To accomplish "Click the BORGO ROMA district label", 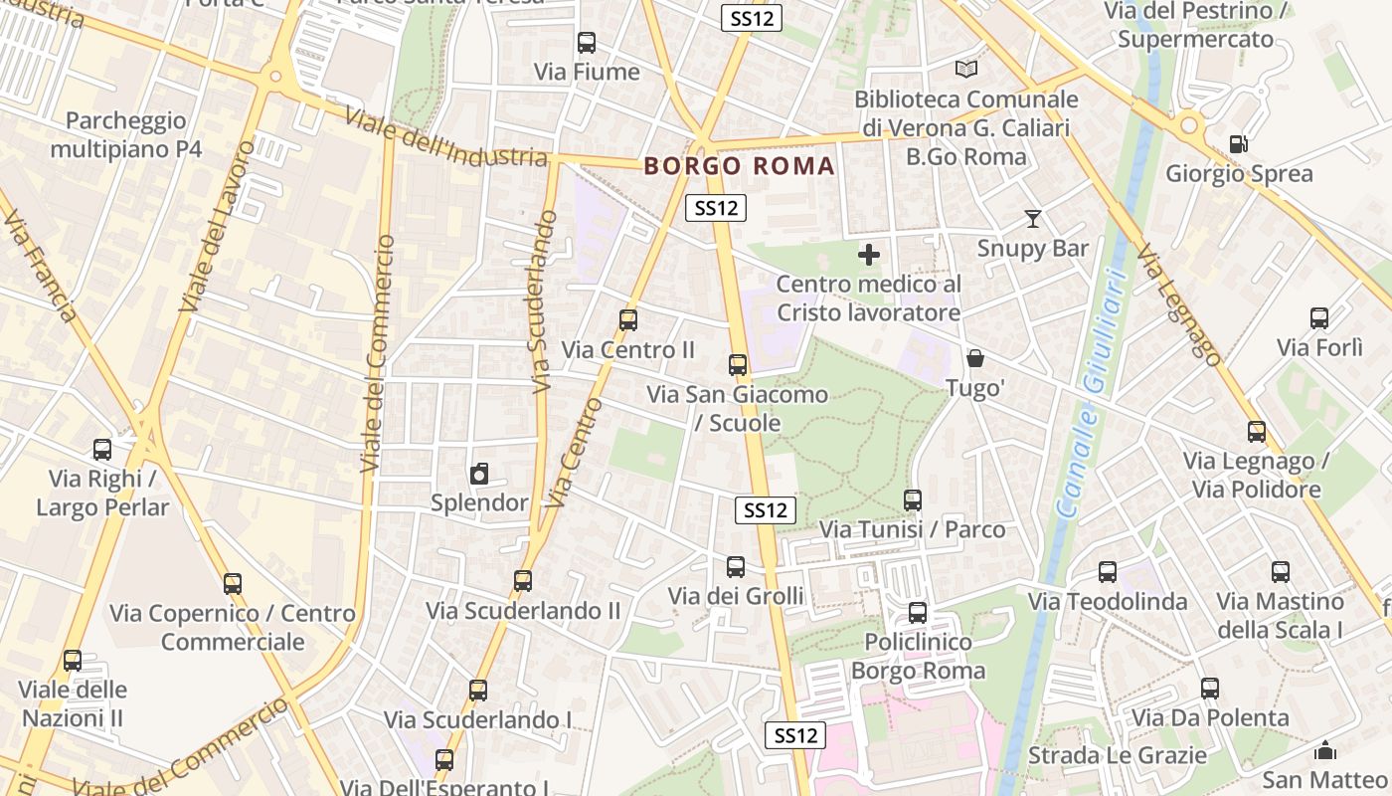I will pyautogui.click(x=739, y=166).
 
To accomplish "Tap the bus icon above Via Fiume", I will pyautogui.click(x=587, y=43).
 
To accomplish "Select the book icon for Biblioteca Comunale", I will pyautogui.click(x=966, y=69).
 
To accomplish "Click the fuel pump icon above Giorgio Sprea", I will pyautogui.click(x=1238, y=144).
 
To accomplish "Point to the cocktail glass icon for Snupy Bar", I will pyautogui.click(x=1033, y=219).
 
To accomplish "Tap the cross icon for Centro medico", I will pyautogui.click(x=868, y=255).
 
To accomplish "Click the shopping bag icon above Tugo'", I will pyautogui.click(x=975, y=358).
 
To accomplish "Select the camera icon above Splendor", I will pyautogui.click(x=479, y=474).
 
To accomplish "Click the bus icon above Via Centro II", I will pyautogui.click(x=627, y=320).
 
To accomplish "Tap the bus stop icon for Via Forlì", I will pyautogui.click(x=1319, y=318).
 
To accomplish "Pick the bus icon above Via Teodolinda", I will pyautogui.click(x=1108, y=572).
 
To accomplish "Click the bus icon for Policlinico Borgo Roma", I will pyautogui.click(x=918, y=613).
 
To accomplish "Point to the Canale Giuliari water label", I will pyautogui.click(x=1092, y=393).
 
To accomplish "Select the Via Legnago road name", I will pyautogui.click(x=1179, y=304).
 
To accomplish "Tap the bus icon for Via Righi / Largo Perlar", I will pyautogui.click(x=102, y=450).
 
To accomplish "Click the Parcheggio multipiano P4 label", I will pyautogui.click(x=126, y=135).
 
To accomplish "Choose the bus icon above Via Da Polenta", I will pyautogui.click(x=1210, y=689).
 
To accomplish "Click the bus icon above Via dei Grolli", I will pyautogui.click(x=736, y=567).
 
